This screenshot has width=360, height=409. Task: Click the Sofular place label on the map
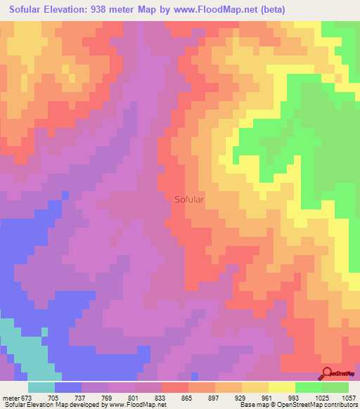point(189,199)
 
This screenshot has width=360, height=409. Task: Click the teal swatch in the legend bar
point(41,387)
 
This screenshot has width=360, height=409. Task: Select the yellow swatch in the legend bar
point(255,387)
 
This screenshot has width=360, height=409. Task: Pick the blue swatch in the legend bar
point(68,387)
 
